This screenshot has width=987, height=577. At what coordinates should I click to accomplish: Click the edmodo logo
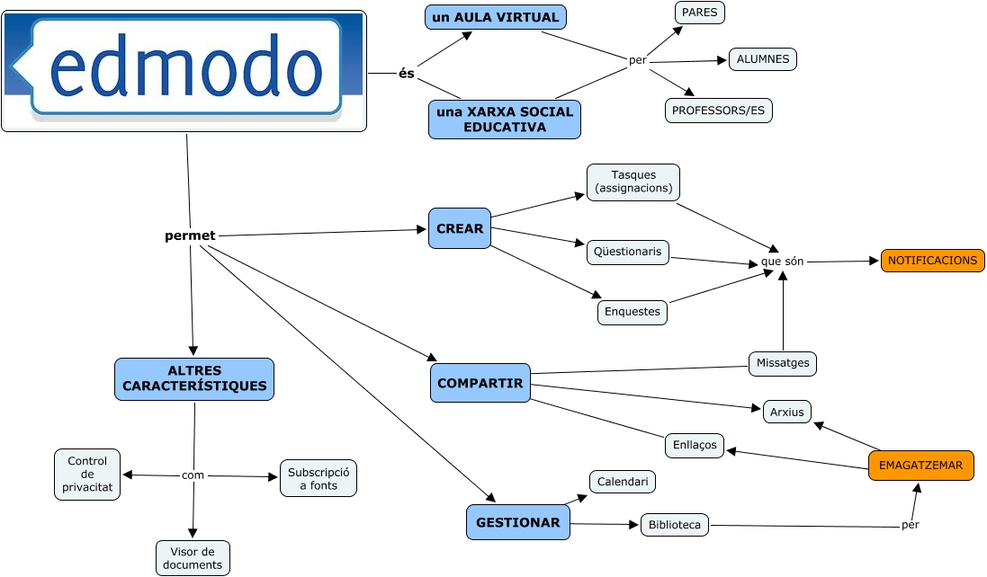pos(184,71)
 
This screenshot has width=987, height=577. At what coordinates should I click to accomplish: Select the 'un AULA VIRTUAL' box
pos(496,17)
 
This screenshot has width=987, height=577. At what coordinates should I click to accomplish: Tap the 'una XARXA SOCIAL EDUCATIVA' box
pos(504,120)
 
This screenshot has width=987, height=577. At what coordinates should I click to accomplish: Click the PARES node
pos(699,13)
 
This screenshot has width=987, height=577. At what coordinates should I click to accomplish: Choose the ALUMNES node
pos(762,59)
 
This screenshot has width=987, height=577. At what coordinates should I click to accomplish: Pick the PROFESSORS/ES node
pos(718,111)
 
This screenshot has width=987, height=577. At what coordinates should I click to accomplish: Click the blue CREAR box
pos(460,229)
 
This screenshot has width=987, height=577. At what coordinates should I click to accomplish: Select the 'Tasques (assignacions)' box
pos(633,182)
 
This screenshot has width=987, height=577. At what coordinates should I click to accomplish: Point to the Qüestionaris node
pos(627,252)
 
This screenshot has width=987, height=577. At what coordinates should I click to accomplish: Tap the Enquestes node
pos(633,312)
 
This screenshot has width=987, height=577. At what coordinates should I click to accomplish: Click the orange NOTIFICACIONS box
pos(932,261)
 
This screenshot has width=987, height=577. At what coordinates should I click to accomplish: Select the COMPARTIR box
pos(480,383)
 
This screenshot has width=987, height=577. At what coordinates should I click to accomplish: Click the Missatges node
pos(782,363)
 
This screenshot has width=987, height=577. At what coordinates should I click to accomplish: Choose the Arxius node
pos(786,412)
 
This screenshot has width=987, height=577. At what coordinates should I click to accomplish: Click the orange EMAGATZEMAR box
pos(920,466)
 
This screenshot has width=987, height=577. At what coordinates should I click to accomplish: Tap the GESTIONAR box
pos(517,522)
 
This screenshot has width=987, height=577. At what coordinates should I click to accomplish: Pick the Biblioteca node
pos(674,525)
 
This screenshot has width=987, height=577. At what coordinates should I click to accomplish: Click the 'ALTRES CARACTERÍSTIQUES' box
pos(194,378)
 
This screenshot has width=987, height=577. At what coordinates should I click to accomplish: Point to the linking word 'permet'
pos(190,236)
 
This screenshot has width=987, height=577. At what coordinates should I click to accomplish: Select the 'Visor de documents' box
pos(193,558)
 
